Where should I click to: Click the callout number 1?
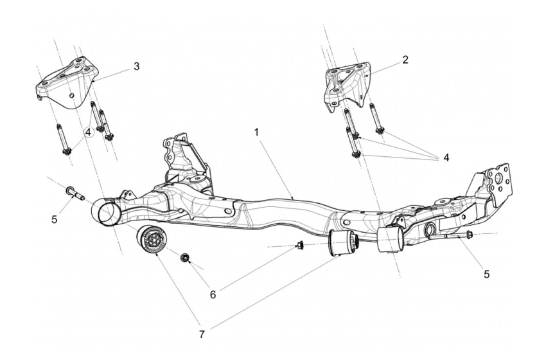click(256, 131)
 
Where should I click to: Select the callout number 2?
click(405, 60)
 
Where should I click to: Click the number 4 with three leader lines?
click(446, 157)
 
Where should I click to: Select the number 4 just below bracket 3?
click(87, 132)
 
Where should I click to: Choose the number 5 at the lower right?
click(486, 273)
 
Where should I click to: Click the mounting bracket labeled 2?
click(347, 84)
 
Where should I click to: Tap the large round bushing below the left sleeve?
click(152, 240)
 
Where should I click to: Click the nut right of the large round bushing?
click(184, 258)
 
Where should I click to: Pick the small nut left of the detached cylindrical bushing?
click(299, 244)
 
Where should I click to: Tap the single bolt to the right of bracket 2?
click(376, 119)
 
